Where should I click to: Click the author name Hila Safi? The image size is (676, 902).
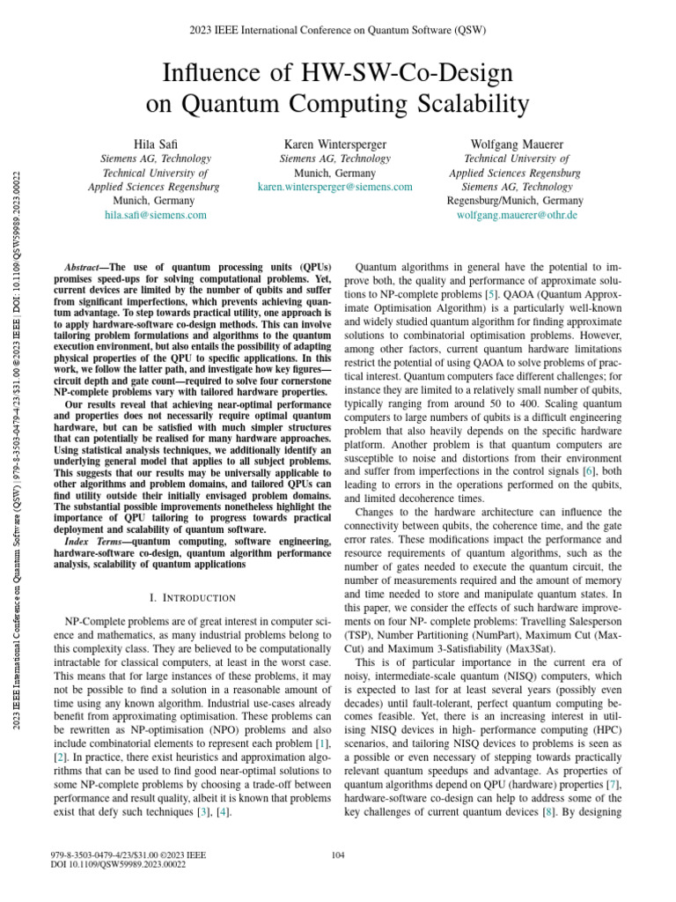155,144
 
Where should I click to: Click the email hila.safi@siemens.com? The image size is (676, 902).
155,214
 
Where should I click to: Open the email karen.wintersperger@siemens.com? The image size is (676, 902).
334,187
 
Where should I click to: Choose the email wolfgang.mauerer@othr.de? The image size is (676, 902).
517,214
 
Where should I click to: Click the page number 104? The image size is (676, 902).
338,854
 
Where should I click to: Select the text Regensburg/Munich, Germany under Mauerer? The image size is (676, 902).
515,201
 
